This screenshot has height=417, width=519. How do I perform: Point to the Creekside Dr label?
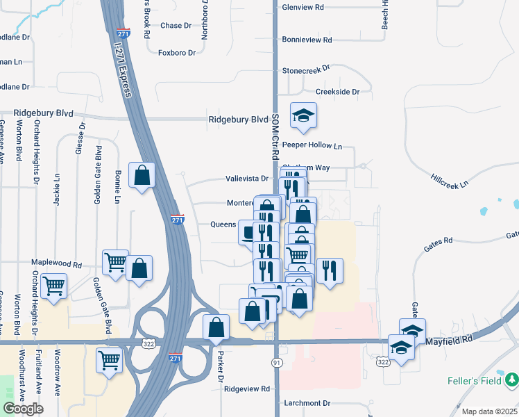click(x=337, y=92)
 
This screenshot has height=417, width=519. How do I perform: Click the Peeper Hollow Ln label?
click(x=312, y=147)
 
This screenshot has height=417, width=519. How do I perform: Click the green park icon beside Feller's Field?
click(x=511, y=380)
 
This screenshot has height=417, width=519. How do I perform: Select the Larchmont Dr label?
click(x=307, y=403)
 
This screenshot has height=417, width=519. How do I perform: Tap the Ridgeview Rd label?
click(x=246, y=389)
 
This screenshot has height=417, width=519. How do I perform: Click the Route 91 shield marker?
click(x=276, y=362)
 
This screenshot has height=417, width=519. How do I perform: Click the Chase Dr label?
click(x=176, y=26)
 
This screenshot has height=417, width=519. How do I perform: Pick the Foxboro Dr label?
click(x=174, y=52)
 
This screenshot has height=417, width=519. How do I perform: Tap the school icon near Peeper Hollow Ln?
click(x=303, y=116)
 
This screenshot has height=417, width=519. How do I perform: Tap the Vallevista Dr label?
click(x=246, y=179)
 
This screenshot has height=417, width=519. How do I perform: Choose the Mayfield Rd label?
click(x=449, y=341)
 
